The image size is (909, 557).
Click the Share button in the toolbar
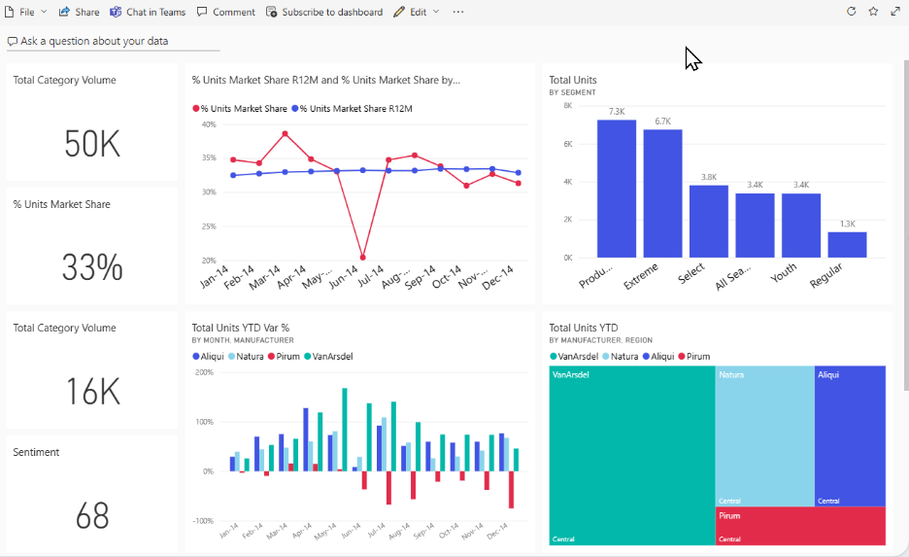(x=79, y=12)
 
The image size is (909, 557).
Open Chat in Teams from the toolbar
(x=148, y=12)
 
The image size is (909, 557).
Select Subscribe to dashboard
(x=324, y=12)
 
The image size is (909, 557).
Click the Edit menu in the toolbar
(x=417, y=12)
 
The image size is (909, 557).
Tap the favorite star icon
(x=873, y=12)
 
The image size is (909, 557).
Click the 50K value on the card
(x=92, y=144)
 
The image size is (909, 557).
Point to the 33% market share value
(x=92, y=267)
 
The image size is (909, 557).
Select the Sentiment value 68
(x=92, y=515)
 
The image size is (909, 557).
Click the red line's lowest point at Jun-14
(x=362, y=258)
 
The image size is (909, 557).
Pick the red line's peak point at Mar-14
(x=285, y=134)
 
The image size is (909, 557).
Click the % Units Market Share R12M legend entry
(x=355, y=109)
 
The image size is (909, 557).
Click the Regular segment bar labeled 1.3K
(x=847, y=245)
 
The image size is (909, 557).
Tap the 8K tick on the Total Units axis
(x=567, y=105)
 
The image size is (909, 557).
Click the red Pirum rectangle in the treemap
(x=800, y=526)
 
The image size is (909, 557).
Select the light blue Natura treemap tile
(x=764, y=435)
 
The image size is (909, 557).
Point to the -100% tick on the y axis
(x=204, y=521)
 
